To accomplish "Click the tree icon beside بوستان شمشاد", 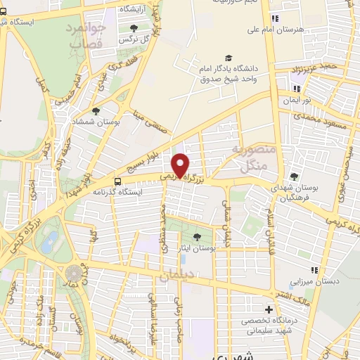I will tap(96, 110).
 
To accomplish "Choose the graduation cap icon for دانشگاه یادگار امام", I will tap(228, 58).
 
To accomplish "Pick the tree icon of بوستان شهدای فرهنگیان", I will tap(294, 176).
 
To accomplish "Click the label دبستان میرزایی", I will tap(316, 281).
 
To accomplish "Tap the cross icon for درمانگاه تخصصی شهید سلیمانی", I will tap(268, 310).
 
